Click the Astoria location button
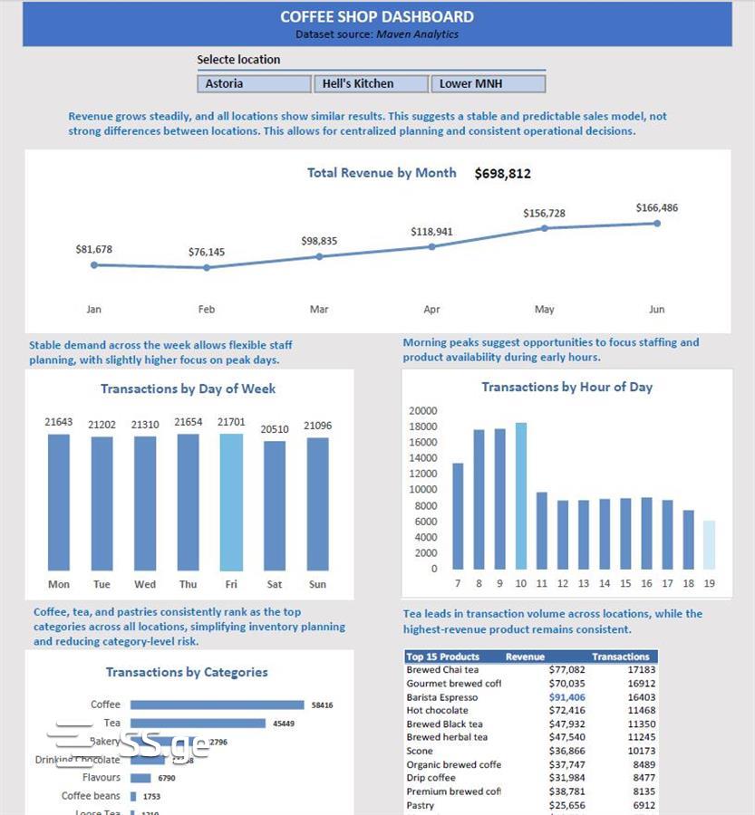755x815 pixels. click(x=253, y=83)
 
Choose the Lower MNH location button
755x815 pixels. click(x=488, y=83)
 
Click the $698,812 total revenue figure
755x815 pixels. click(x=503, y=174)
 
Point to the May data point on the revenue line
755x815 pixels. click(x=545, y=228)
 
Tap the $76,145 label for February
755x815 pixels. click(x=207, y=253)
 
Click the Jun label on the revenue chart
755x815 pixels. click(x=657, y=309)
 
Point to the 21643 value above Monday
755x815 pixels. click(x=58, y=423)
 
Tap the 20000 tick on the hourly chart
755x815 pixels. click(x=423, y=411)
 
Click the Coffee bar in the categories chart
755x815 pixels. click(x=218, y=705)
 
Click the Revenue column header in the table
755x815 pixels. click(x=525, y=657)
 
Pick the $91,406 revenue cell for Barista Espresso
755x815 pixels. click(x=567, y=697)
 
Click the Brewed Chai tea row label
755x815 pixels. click(x=443, y=670)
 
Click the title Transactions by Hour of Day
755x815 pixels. click(x=566, y=387)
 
